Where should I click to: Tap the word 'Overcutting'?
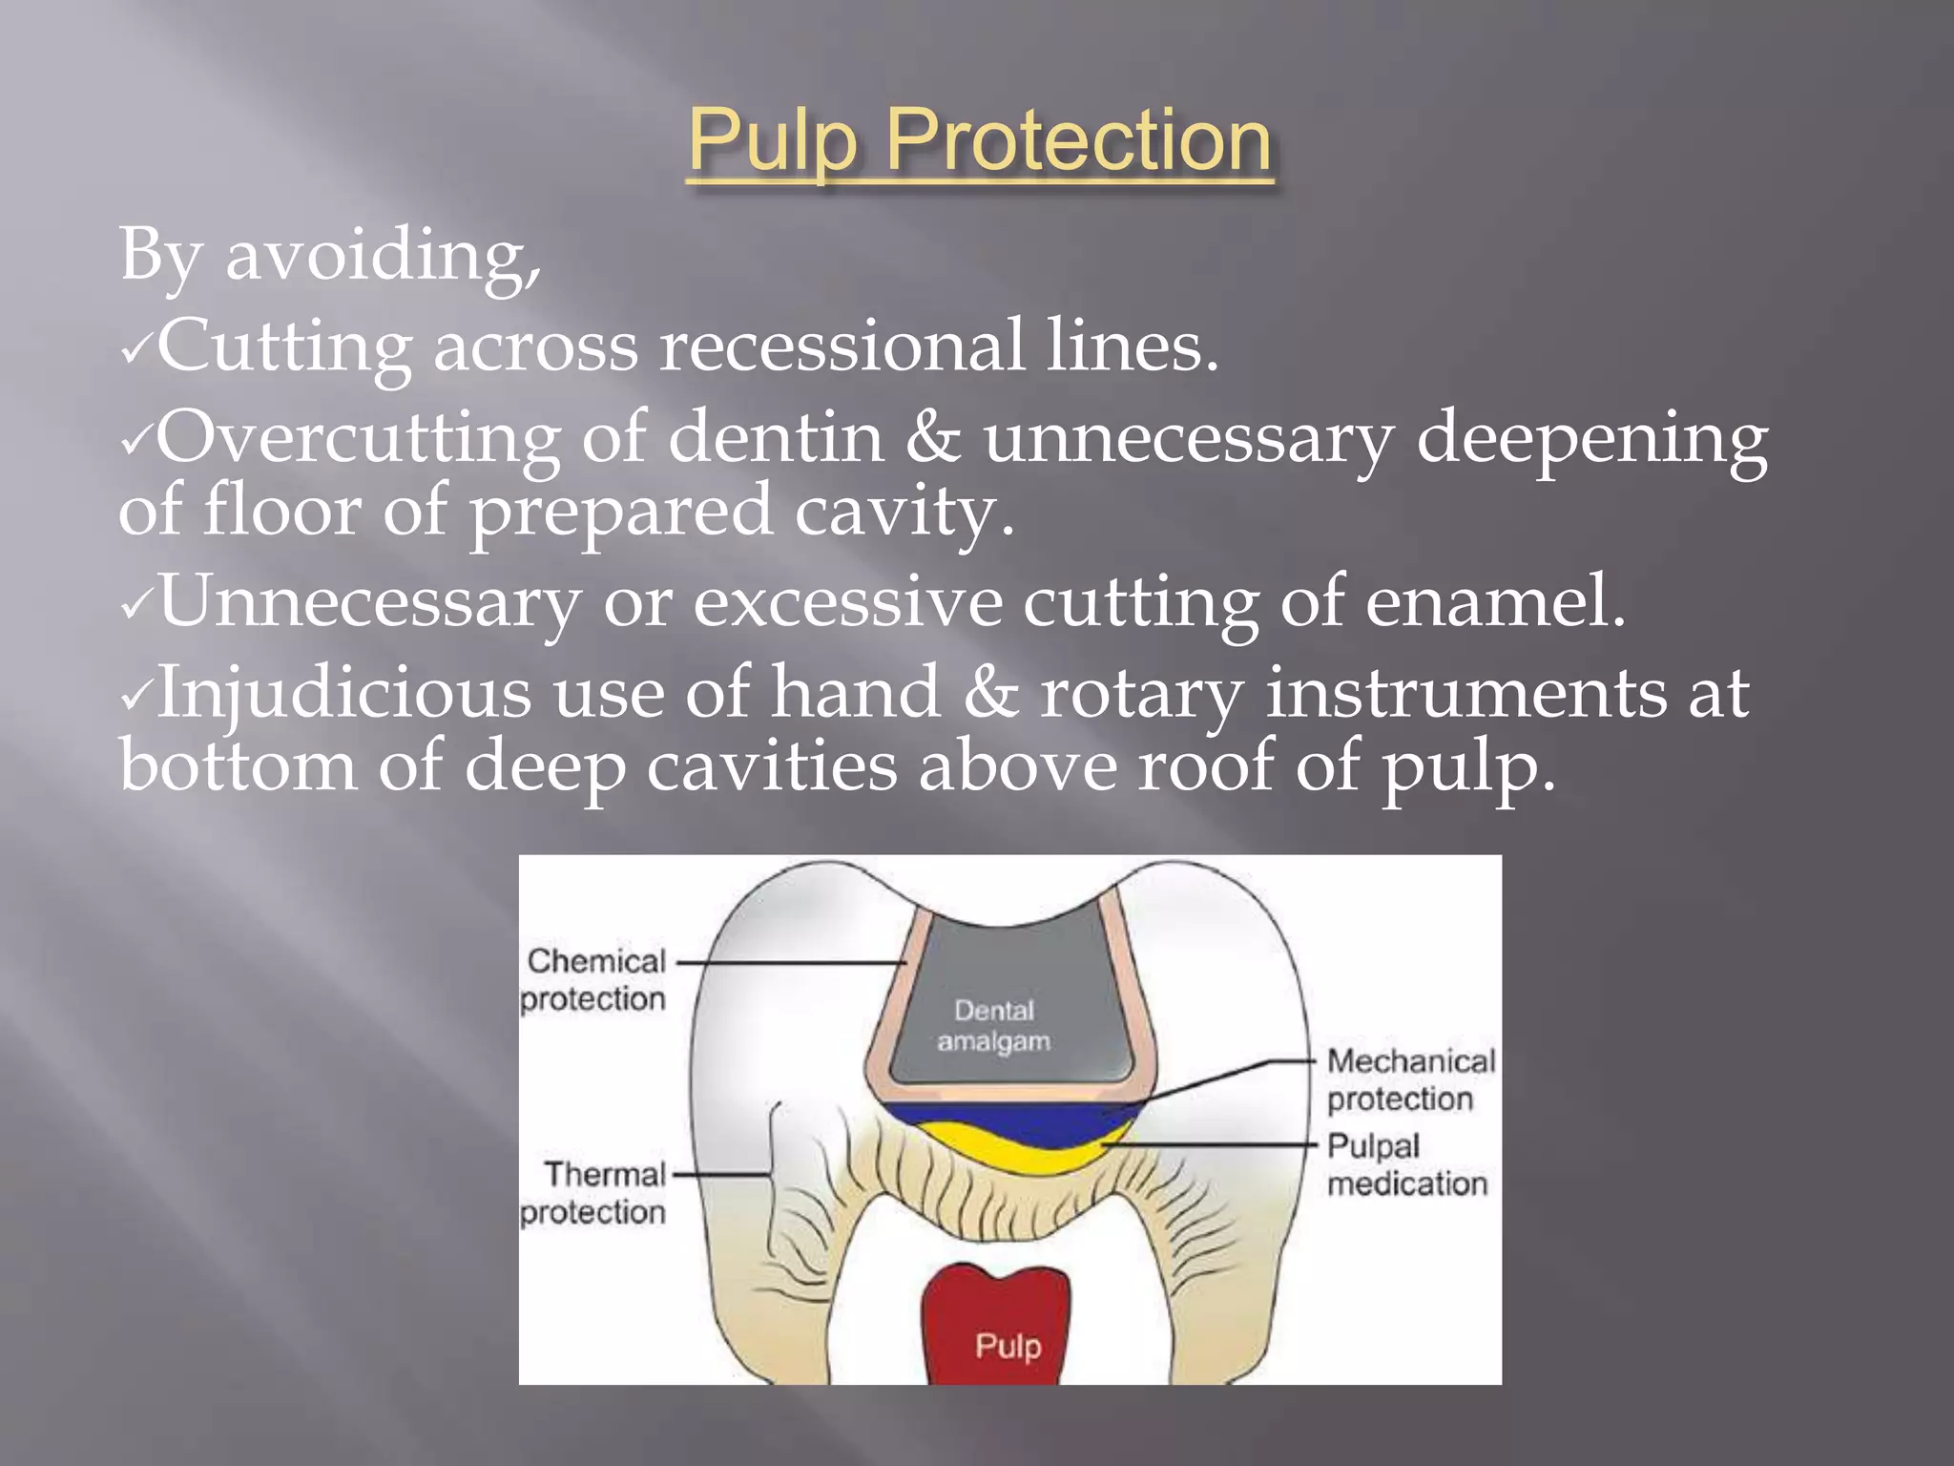coord(358,437)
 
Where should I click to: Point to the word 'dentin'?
coord(776,437)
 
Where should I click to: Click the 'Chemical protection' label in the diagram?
coord(593,979)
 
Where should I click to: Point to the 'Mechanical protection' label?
coord(1410,1079)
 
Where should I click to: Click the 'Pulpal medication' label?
coord(1406,1164)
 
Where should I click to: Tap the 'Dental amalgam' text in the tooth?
coord(994,1025)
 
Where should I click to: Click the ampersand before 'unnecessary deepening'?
coord(933,437)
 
